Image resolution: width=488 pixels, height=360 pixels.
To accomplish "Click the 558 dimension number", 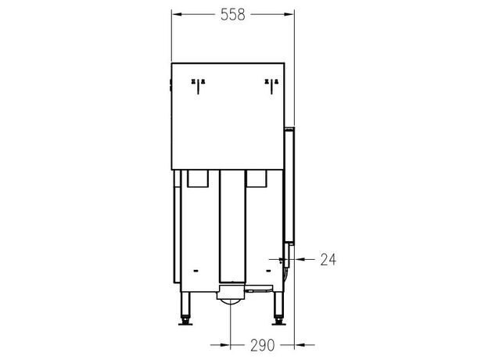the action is coord(233,15).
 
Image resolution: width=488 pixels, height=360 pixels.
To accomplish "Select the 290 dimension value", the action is coord(262,345).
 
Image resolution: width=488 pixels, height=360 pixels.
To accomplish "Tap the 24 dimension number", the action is coord(328,259).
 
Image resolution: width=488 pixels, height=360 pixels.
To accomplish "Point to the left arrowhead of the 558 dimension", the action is coord(177,14).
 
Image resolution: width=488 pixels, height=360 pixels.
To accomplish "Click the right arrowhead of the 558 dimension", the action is coord(289,14).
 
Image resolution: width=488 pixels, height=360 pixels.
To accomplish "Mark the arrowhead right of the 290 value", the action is coord(300,345).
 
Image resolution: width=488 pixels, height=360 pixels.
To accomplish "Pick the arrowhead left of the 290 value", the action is coord(225,345).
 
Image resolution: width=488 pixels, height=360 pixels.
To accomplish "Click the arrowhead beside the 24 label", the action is coord(300,259).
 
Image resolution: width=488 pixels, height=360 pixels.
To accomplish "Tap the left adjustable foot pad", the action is coord(185,322).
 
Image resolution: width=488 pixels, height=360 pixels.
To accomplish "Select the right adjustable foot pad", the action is coord(278,322).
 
